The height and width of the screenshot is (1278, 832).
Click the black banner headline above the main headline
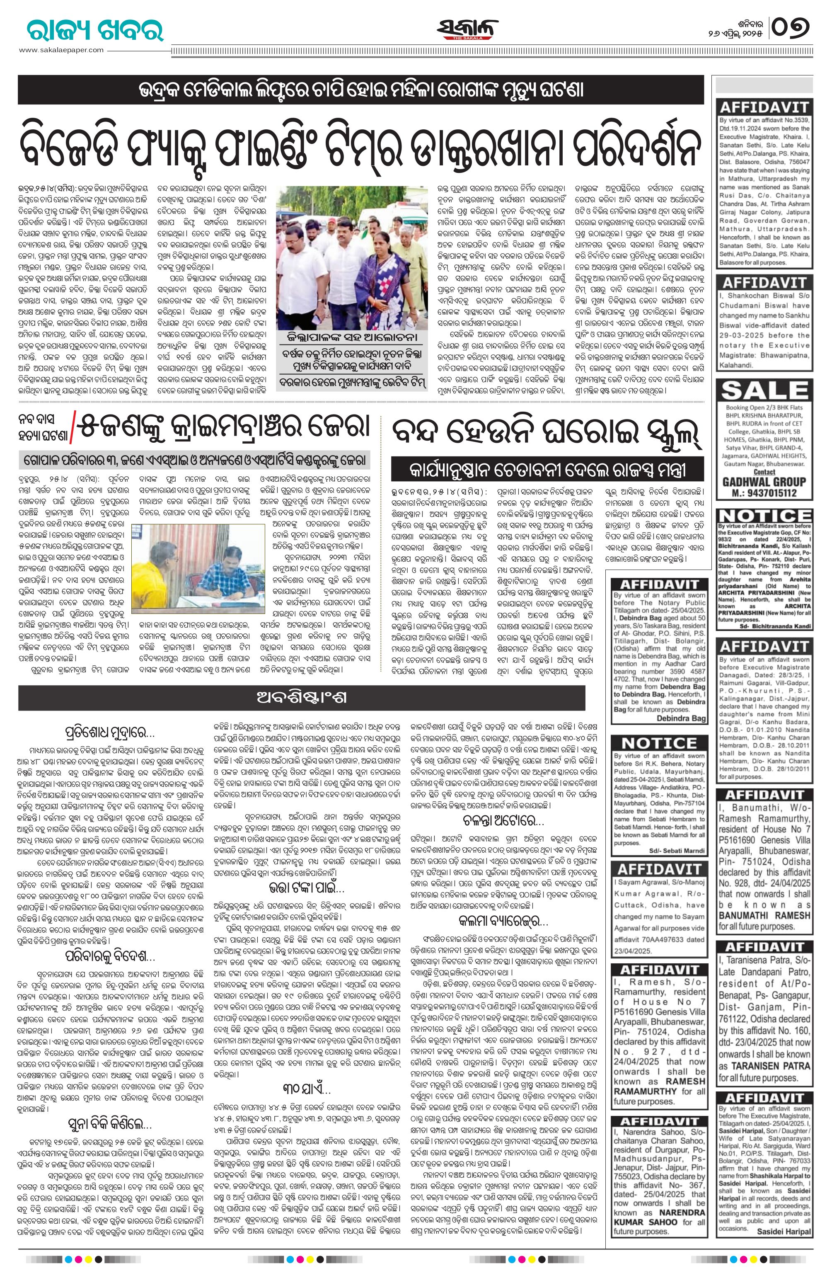coord(361,89)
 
